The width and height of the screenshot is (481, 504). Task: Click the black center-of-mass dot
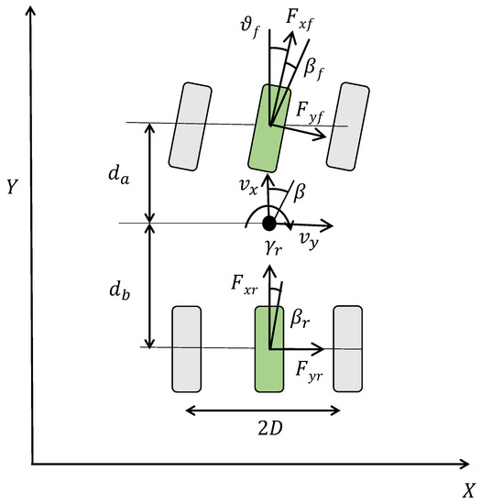[x=269, y=223]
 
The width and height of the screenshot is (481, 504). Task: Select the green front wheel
[x=269, y=128]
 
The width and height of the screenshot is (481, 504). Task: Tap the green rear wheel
[x=269, y=349]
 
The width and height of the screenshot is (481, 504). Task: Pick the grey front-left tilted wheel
[x=191, y=126]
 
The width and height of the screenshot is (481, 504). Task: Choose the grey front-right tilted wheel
[x=348, y=126]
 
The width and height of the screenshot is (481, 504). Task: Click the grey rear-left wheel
[x=187, y=349]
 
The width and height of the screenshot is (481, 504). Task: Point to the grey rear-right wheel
[x=348, y=349]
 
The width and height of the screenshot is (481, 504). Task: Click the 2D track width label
[x=270, y=428]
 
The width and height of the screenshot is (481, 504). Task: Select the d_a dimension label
[x=119, y=176]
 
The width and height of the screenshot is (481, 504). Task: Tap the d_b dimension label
[x=119, y=290]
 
